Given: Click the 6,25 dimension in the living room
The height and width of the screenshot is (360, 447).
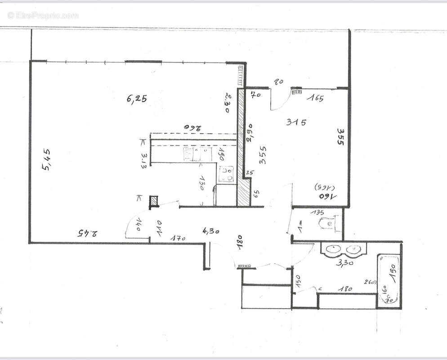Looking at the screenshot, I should [137, 99].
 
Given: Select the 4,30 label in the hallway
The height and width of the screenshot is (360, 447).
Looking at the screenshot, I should [211, 231].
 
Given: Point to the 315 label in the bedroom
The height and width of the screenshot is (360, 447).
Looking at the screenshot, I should [296, 121].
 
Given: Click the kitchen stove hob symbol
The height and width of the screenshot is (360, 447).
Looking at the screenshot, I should [227, 175].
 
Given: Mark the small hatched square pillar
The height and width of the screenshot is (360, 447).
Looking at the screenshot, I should [154, 201].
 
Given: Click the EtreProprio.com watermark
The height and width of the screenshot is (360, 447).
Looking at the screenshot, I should [43, 15].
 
